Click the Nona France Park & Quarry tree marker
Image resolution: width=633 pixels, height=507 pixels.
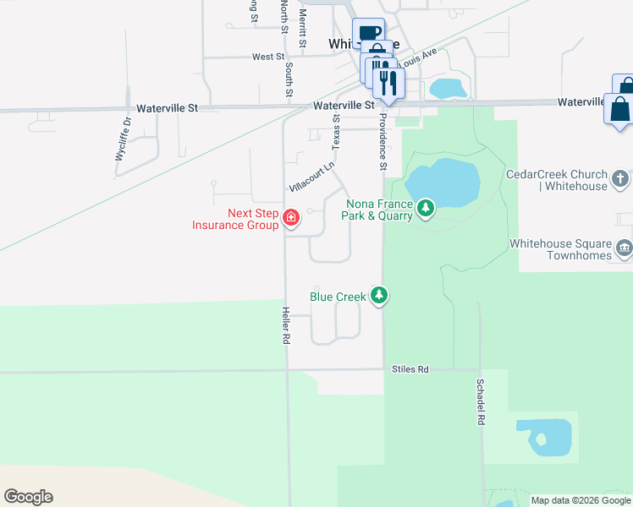click(425, 207)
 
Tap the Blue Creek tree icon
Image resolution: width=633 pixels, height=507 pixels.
click(381, 296)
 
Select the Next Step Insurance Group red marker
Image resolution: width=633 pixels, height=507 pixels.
click(291, 219)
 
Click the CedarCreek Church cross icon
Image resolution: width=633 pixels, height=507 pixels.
click(620, 178)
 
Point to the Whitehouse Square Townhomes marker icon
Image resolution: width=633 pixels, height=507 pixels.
click(625, 247)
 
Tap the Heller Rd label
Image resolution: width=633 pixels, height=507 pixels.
click(285, 325)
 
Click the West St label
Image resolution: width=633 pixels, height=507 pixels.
click(267, 57)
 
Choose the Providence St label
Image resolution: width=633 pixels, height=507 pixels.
click(383, 141)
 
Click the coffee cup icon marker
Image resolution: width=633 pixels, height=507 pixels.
click(368, 34)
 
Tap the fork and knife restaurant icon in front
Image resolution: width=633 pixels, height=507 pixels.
click(388, 82)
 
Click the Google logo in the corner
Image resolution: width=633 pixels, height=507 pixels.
click(28, 497)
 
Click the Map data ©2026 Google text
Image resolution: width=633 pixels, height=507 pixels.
click(581, 500)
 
